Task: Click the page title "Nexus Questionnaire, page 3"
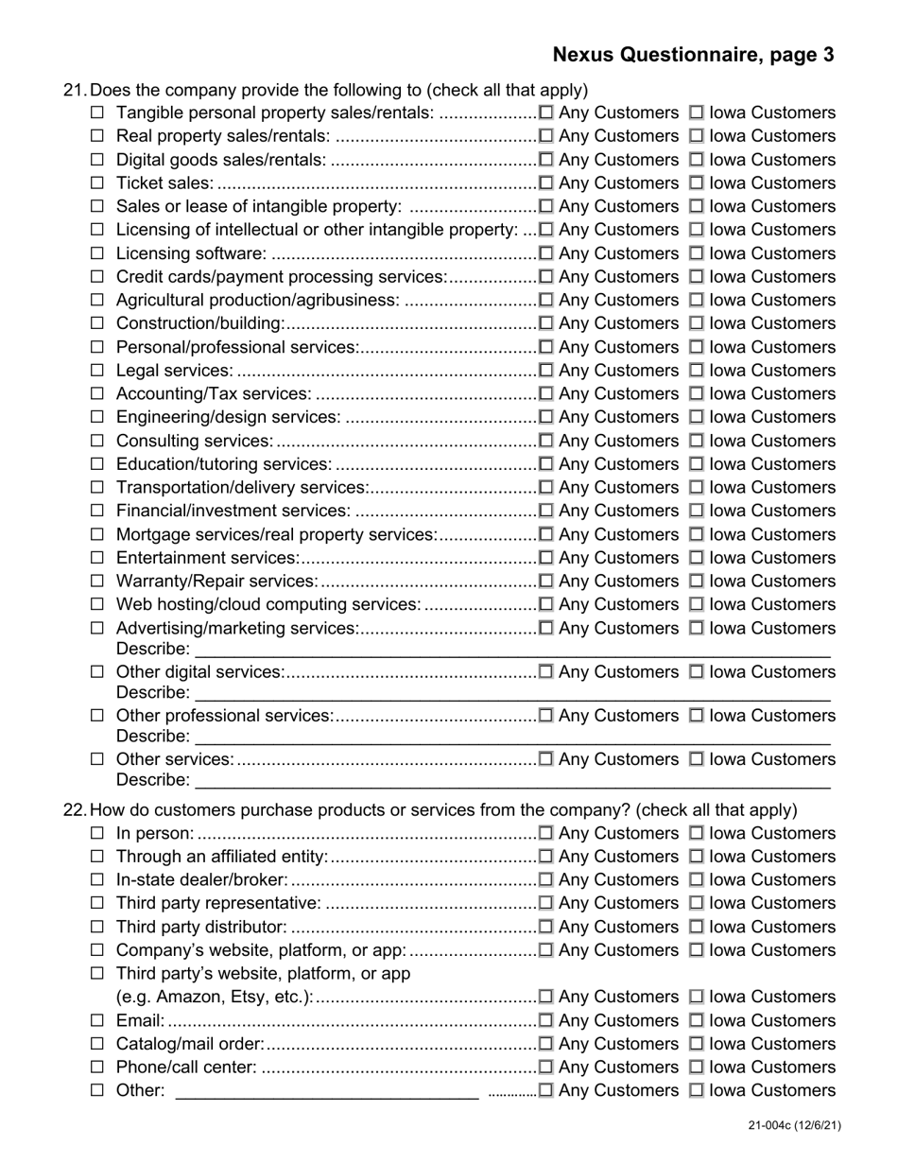693,55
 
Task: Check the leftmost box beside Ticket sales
97,183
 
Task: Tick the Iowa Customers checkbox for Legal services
697,371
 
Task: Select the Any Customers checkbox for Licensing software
545,253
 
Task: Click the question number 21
75,91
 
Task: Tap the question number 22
75,810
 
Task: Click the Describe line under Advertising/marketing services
511,651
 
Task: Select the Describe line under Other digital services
511,694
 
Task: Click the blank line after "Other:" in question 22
327,1092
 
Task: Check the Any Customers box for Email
545,1020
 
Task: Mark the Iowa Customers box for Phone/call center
697,1068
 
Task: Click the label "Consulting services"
194,441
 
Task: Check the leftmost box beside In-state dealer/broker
97,880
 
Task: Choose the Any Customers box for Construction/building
545,323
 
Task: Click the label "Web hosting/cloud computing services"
268,604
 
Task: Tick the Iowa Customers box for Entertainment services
697,558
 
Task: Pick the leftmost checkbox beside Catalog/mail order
97,1044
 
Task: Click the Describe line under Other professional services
511,738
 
